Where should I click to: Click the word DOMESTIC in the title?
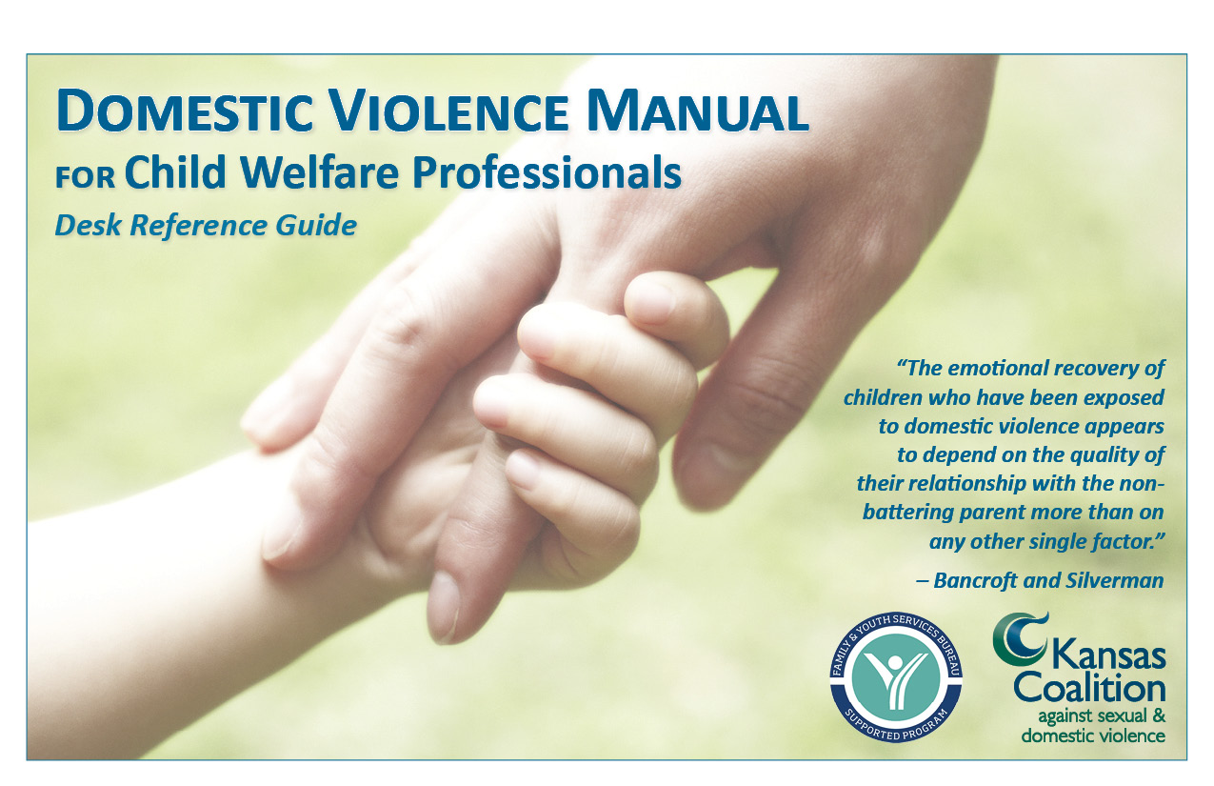tap(185, 111)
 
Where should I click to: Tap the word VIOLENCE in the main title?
tap(449, 111)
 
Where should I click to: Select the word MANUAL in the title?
tap(698, 111)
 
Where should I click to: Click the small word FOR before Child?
tap(85, 178)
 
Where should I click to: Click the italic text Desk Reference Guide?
tap(206, 225)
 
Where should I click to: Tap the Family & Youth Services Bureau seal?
tap(895, 678)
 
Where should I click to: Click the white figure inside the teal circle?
tap(895, 679)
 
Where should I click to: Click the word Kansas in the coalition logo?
tap(1107, 655)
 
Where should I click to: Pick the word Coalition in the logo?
tap(1089, 689)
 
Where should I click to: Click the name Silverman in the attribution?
tap(1114, 580)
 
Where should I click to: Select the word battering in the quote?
tap(907, 512)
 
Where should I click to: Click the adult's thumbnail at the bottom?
tap(444, 605)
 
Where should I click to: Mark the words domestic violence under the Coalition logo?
tap(1093, 736)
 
